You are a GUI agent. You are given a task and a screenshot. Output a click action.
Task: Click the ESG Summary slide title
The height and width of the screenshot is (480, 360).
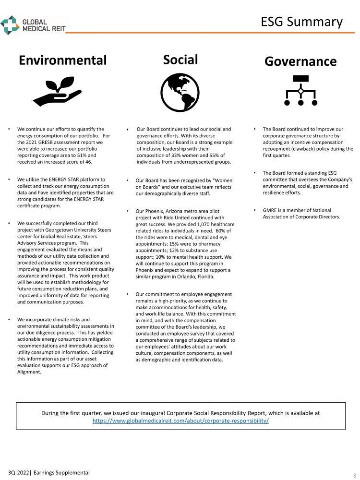click(x=301, y=22)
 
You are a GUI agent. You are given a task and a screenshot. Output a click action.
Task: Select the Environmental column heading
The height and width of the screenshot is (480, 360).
click(x=62, y=60)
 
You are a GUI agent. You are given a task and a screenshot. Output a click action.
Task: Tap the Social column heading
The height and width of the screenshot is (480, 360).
click(x=180, y=59)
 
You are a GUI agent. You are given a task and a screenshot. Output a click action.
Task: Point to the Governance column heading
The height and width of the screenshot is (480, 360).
click(x=300, y=61)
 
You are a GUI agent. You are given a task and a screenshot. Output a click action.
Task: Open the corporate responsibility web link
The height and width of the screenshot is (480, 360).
click(x=180, y=421)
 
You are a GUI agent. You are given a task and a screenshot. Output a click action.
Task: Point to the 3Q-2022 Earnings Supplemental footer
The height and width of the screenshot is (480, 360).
click(x=48, y=473)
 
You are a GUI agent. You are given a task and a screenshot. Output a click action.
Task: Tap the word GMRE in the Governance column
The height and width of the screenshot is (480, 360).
click(x=271, y=210)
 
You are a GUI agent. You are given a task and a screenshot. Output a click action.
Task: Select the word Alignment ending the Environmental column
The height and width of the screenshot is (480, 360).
click(x=29, y=372)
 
